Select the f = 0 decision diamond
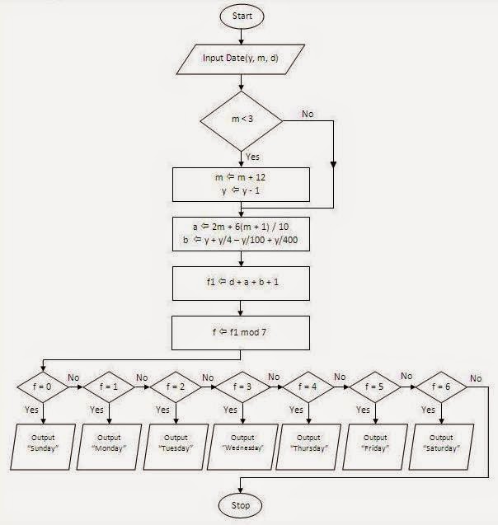pos(45,384)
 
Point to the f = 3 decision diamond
pos(245,384)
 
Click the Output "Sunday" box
pos(45,443)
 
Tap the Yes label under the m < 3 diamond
pos(252,156)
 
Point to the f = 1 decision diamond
pos(111,384)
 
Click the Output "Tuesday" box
pos(178,443)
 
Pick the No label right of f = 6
pos(477,377)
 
